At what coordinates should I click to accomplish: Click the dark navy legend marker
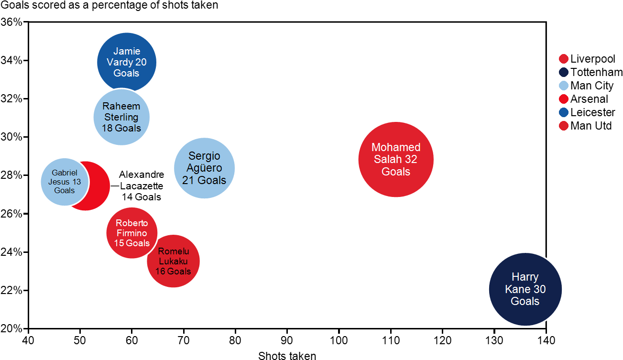[x=564, y=72]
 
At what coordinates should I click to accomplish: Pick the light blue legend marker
[x=564, y=86]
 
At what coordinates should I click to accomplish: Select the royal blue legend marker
[x=564, y=112]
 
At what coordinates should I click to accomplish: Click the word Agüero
[x=204, y=168]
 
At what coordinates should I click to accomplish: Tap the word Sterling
[x=121, y=117]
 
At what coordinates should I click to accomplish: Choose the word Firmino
[x=131, y=233]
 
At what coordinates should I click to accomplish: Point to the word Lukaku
[x=173, y=261]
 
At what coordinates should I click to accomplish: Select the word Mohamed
[x=396, y=147]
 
